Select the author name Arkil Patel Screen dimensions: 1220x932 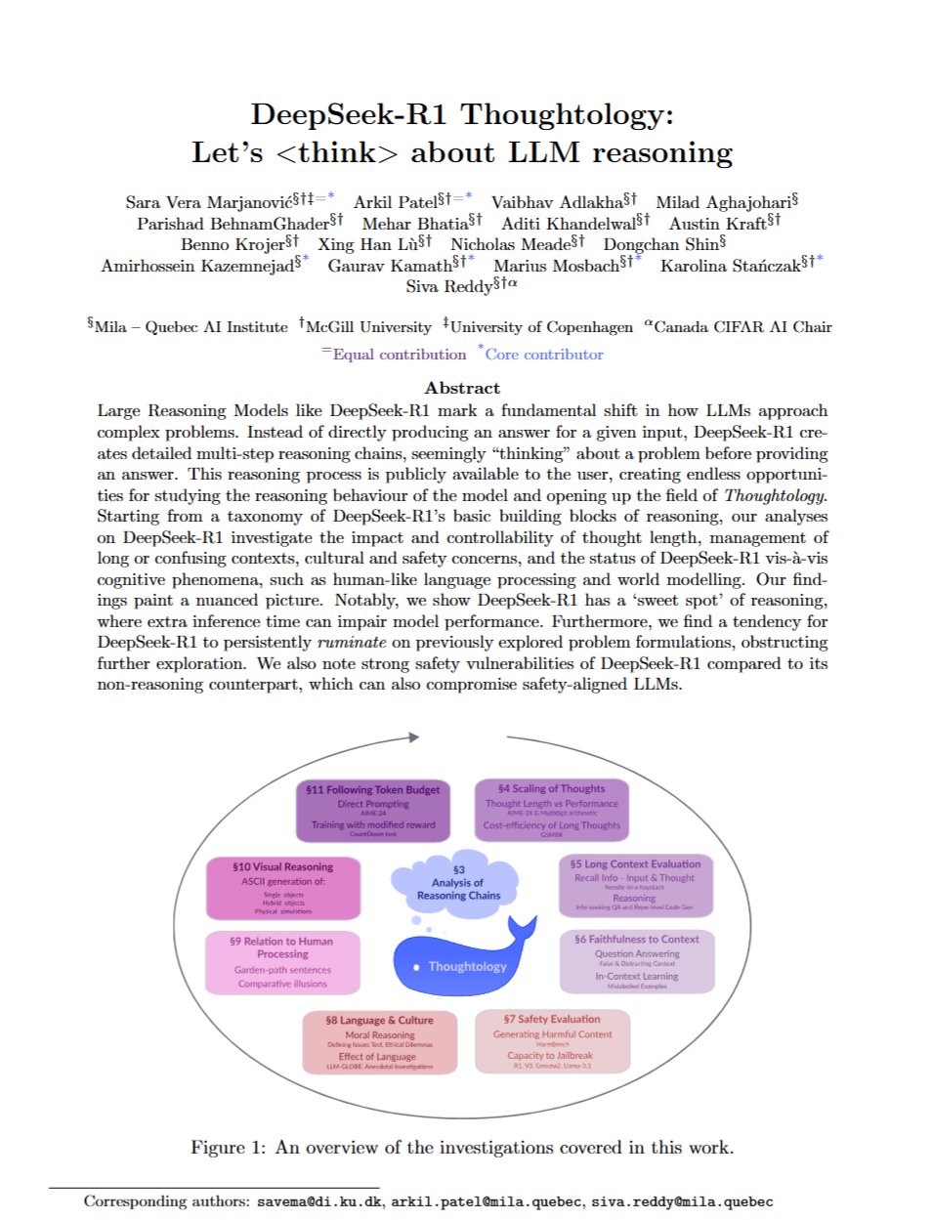(x=395, y=202)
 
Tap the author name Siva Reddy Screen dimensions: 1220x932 (x=449, y=286)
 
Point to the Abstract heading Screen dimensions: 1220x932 (x=462, y=388)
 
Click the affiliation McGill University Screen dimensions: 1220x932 (x=368, y=327)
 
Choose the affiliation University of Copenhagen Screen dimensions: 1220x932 (x=541, y=327)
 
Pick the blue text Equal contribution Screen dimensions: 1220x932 (x=399, y=355)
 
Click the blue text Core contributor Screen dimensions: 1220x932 (x=544, y=355)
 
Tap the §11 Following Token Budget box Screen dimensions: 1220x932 (x=372, y=811)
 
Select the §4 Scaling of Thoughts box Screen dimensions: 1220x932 (x=551, y=810)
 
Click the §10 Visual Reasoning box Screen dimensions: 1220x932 (x=282, y=888)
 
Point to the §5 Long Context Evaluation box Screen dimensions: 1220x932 (x=635, y=885)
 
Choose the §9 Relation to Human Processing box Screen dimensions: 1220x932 (x=282, y=962)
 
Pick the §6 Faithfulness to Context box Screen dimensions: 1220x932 (x=636, y=961)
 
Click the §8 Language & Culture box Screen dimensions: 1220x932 (x=379, y=1042)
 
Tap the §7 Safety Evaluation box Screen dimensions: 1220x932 (x=552, y=1041)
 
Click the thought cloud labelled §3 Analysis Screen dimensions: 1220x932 (x=458, y=882)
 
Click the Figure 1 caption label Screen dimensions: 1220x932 (x=227, y=1147)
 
